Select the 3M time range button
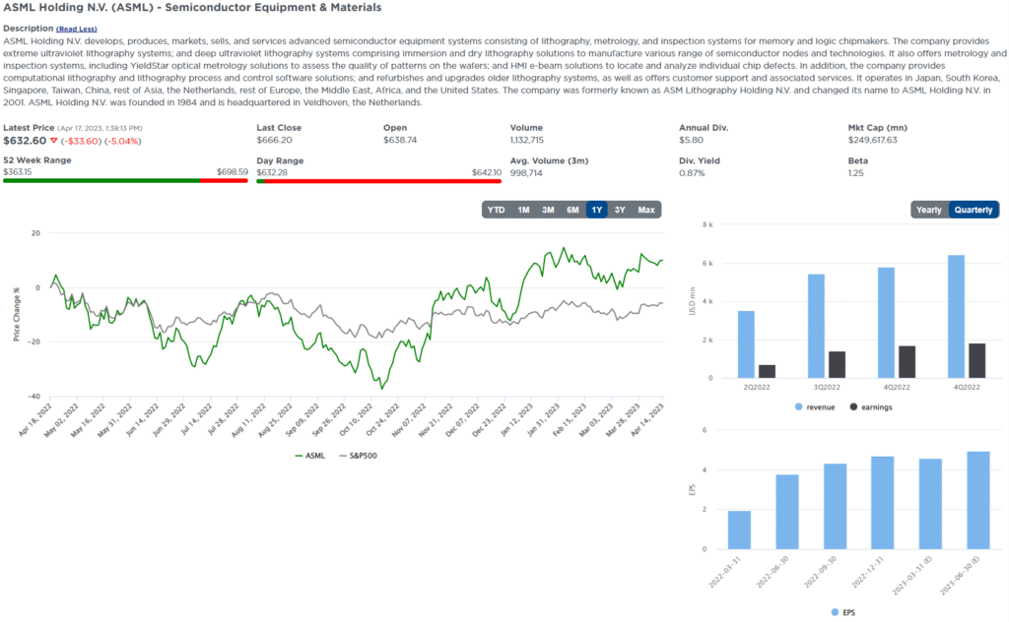pyautogui.click(x=548, y=210)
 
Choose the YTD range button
pyautogui.click(x=497, y=210)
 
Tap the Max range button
pyautogui.click(x=646, y=210)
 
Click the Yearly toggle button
pyautogui.click(x=928, y=210)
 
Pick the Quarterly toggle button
pyautogui.click(x=974, y=210)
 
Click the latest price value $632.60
pyautogui.click(x=25, y=141)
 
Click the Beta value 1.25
pyautogui.click(x=856, y=173)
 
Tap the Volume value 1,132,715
pyautogui.click(x=533, y=140)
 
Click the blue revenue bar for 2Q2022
pyautogui.click(x=746, y=344)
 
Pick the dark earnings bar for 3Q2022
pyautogui.click(x=836, y=364)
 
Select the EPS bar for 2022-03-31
pyautogui.click(x=739, y=529)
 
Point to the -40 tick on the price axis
pyautogui.click(x=34, y=397)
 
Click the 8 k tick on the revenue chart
pyautogui.click(x=706, y=224)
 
